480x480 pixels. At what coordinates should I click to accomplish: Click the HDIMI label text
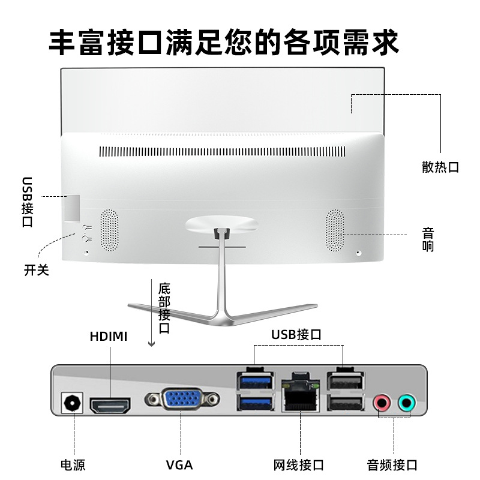point(109,336)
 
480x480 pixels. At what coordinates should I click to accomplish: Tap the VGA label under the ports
point(179,464)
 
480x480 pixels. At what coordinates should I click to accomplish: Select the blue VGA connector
point(182,400)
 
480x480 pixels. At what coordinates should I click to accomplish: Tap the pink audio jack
point(382,403)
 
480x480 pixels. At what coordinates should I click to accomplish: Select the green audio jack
point(407,403)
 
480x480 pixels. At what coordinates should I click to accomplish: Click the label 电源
point(73,464)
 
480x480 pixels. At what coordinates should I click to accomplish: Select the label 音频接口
point(392,464)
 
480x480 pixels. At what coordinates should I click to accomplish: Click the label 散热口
point(440,167)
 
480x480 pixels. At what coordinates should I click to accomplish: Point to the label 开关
point(37,270)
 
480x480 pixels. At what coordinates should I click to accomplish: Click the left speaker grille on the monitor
point(109,230)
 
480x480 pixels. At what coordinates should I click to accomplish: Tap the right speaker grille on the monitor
point(335,231)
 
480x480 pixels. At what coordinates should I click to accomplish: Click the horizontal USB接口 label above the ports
point(296,334)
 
